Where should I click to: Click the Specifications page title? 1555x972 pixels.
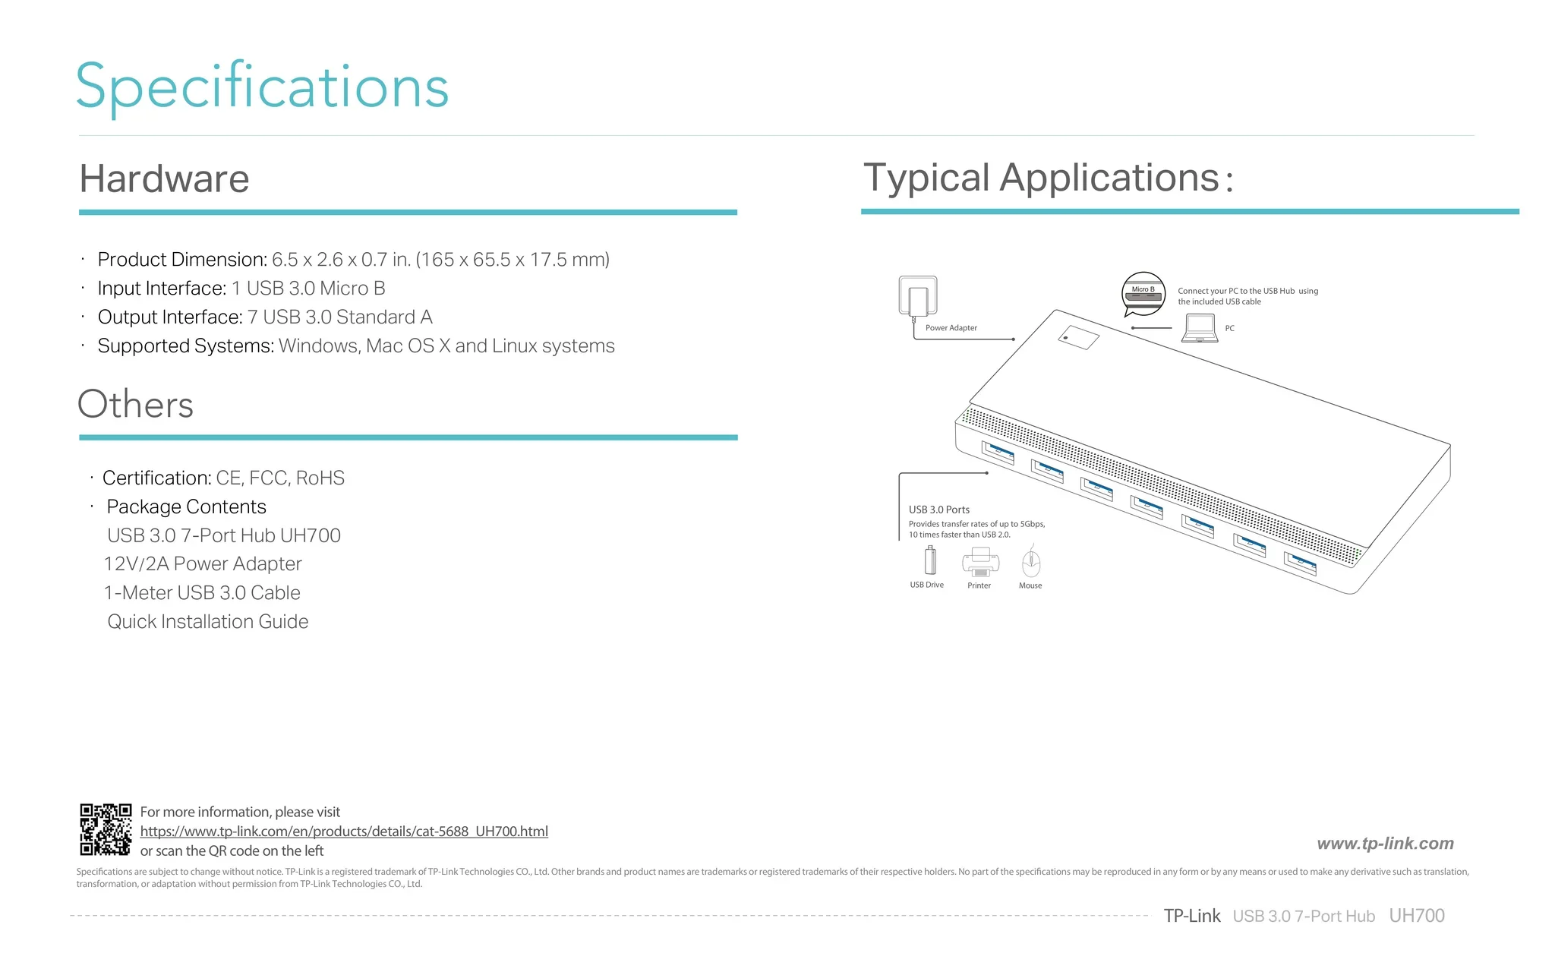click(x=263, y=87)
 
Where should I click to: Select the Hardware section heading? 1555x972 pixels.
click(x=164, y=179)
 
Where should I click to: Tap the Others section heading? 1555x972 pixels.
click(x=136, y=404)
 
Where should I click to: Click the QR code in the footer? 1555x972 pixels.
click(x=106, y=829)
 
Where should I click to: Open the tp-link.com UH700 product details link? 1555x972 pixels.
click(x=344, y=832)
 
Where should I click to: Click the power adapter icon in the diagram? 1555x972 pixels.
click(x=918, y=297)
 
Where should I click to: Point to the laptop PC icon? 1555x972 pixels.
click(x=1200, y=328)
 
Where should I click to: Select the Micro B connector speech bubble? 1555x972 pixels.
click(x=1143, y=294)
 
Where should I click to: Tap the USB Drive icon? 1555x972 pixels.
click(x=930, y=560)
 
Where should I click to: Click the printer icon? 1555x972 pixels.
click(x=980, y=562)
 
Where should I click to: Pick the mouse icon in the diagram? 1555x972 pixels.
click(x=1031, y=563)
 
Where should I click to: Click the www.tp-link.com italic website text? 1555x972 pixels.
click(x=1386, y=844)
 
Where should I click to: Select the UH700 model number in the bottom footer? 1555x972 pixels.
click(x=1417, y=916)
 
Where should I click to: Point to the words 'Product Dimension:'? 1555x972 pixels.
click(x=182, y=260)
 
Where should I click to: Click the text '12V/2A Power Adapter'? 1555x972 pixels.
click(x=203, y=563)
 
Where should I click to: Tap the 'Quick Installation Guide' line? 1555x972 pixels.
click(x=208, y=621)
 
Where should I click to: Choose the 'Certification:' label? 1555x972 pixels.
click(x=157, y=478)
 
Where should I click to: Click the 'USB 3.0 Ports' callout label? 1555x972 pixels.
click(x=939, y=510)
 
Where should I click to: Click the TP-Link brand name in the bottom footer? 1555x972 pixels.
click(x=1192, y=916)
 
